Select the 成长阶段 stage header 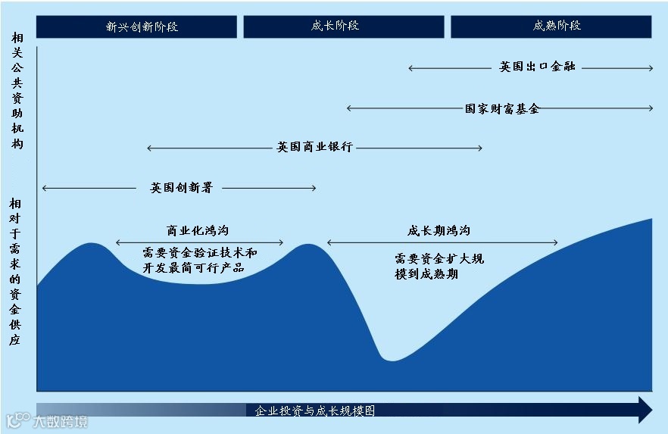click(x=343, y=27)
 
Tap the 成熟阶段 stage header click(x=551, y=27)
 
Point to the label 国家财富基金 click(x=502, y=108)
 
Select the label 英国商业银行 click(x=314, y=148)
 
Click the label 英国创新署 click(x=181, y=188)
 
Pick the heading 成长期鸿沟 click(x=439, y=231)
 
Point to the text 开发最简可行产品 click(x=193, y=268)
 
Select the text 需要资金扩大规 click(x=439, y=259)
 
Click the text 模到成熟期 click(x=426, y=274)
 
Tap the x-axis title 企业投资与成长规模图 click(x=315, y=411)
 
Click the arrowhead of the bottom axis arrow click(x=645, y=410)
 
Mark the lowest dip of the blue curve click(x=391, y=359)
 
